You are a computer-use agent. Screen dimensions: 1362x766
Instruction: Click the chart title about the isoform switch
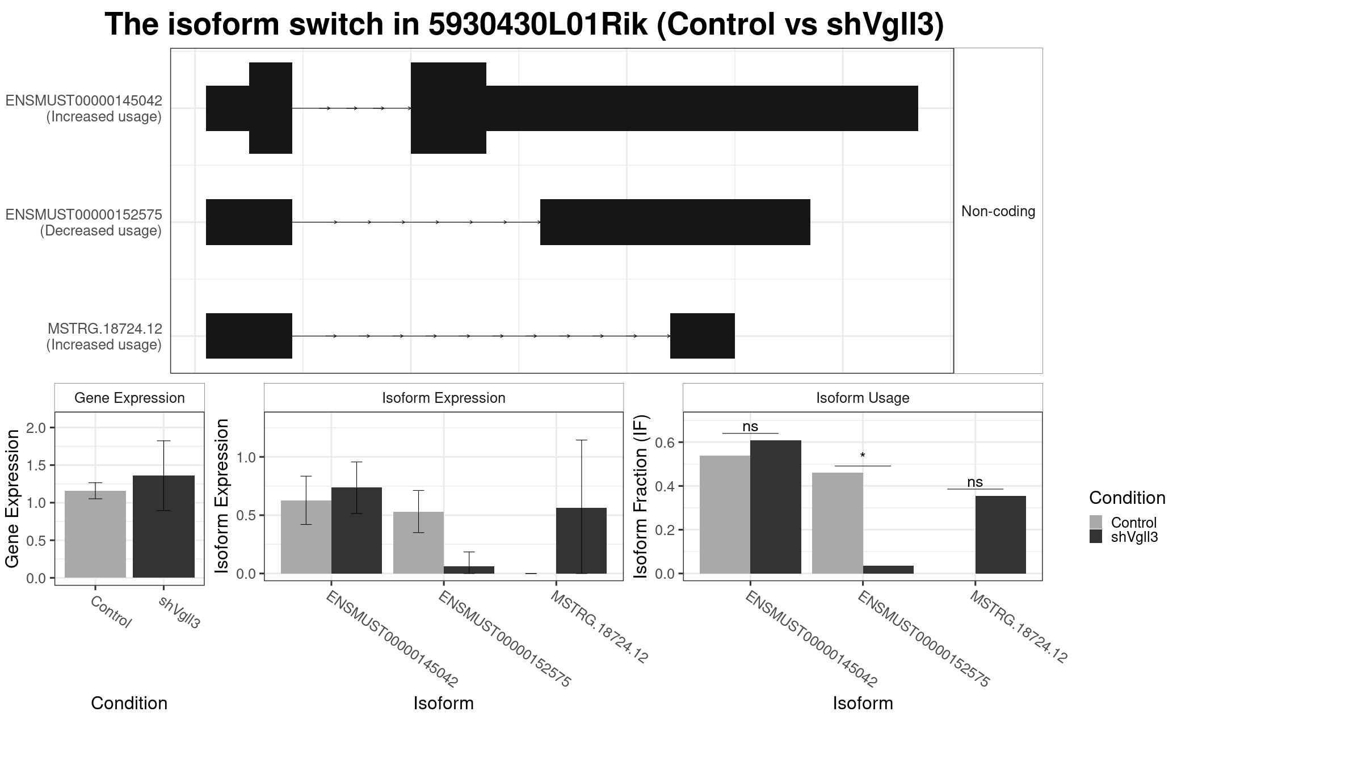(524, 24)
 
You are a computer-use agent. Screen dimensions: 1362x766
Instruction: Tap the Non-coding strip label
(998, 211)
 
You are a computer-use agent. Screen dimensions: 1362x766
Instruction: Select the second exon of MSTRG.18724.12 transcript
(703, 336)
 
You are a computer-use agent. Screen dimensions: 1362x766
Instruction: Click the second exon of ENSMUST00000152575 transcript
(675, 222)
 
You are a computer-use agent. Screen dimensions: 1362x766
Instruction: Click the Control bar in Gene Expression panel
(95, 534)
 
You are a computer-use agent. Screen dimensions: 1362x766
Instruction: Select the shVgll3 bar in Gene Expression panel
(163, 527)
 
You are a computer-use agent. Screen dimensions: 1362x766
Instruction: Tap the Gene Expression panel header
(129, 398)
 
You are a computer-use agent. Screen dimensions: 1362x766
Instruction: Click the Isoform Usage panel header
(863, 398)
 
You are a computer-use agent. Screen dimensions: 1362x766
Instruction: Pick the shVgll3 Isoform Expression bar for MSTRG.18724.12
(581, 541)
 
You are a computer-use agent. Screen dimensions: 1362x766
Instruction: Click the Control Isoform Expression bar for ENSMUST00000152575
(418, 543)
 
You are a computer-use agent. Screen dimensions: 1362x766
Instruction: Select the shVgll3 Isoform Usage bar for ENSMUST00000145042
(775, 507)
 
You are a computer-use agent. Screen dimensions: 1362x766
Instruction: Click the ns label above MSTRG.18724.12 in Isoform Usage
(975, 482)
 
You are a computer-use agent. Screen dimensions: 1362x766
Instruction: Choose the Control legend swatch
(1096, 522)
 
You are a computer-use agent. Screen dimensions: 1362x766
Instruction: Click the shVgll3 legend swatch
(1096, 536)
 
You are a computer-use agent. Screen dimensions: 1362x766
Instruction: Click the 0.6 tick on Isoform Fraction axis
(666, 442)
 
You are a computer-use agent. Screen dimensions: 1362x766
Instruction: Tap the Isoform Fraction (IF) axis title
(640, 496)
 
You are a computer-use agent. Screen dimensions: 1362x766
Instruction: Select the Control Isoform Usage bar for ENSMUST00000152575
(837, 523)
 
